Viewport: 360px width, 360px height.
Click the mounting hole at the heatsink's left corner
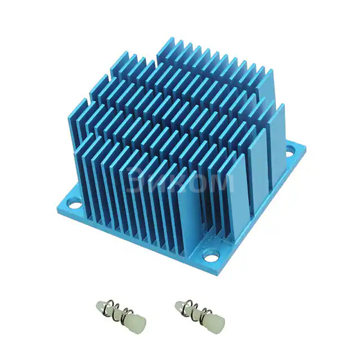point(71,200)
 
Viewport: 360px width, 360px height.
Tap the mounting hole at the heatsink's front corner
point(209,256)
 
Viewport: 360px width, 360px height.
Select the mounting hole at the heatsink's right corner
point(290,150)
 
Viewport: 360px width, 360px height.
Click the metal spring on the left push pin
point(115,311)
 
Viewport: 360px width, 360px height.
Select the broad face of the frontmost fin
point(187,214)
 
